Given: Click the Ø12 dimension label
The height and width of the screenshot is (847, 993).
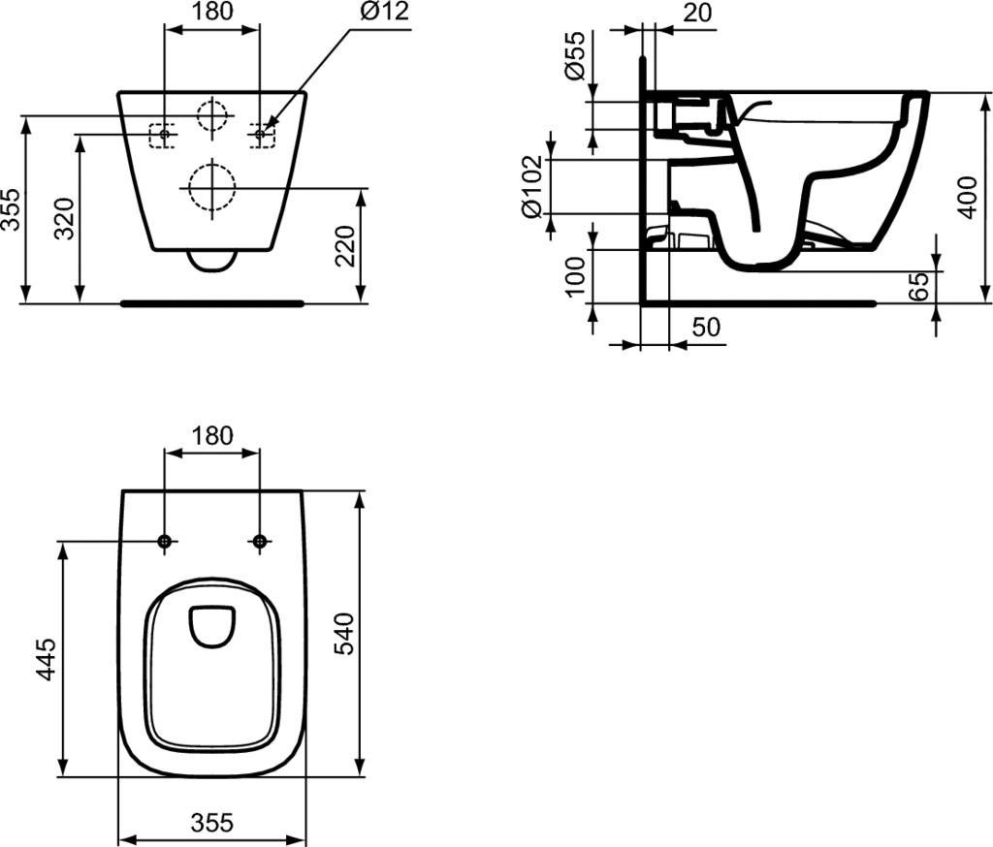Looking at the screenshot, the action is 384,12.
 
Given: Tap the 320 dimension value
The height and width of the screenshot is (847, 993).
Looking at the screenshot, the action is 65,218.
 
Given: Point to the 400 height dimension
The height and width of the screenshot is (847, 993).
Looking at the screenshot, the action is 967,198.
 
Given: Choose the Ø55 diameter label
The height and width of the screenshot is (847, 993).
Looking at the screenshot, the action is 576,55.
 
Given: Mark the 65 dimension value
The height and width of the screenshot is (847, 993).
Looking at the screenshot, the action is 917,286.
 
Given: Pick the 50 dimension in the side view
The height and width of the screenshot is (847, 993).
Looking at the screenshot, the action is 706,328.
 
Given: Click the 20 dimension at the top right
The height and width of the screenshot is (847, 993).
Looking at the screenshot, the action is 698,12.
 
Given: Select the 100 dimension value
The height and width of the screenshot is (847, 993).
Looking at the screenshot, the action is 576,276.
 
